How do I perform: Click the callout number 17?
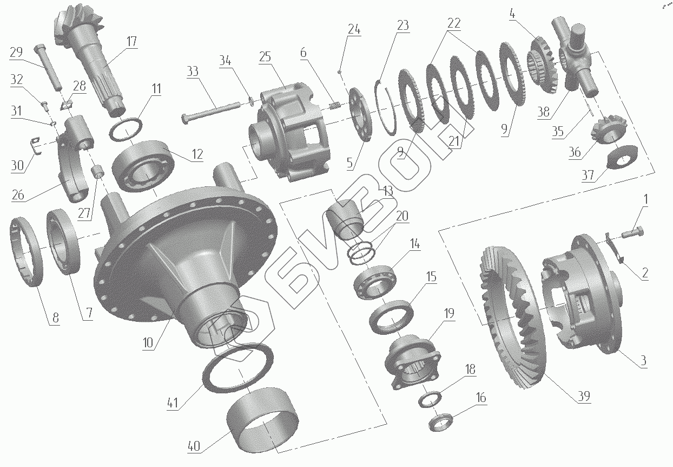131,42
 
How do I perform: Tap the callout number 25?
265,56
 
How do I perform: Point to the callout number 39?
584,396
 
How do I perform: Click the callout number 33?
193,72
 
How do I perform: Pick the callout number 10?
148,342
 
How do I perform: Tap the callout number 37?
588,175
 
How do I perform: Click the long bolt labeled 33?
210,112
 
